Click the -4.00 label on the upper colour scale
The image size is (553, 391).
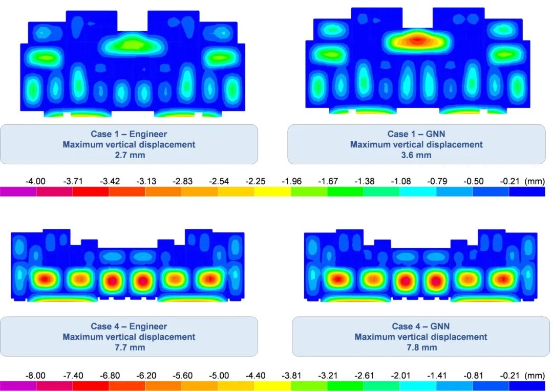click(x=35, y=181)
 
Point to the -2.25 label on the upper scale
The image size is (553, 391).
click(x=254, y=181)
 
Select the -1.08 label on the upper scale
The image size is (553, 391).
click(x=399, y=181)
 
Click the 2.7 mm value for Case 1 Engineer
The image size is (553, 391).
click(x=129, y=155)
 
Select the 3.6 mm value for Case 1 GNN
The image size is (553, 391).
click(x=416, y=155)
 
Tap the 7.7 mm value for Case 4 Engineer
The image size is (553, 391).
click(x=129, y=347)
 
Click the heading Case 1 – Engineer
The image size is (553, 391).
click(x=129, y=134)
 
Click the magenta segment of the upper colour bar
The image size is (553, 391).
click(x=18, y=191)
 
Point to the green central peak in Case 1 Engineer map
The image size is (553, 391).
click(x=132, y=45)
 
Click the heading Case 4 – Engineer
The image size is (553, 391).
click(x=129, y=326)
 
